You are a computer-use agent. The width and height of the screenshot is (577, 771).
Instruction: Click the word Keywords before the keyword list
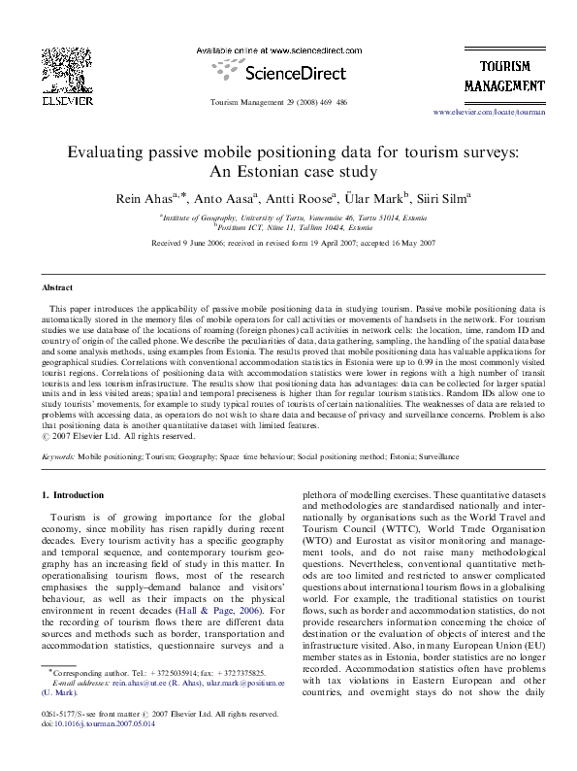click(x=57, y=453)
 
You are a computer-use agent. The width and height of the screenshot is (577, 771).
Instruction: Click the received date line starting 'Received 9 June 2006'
click(x=287, y=241)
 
